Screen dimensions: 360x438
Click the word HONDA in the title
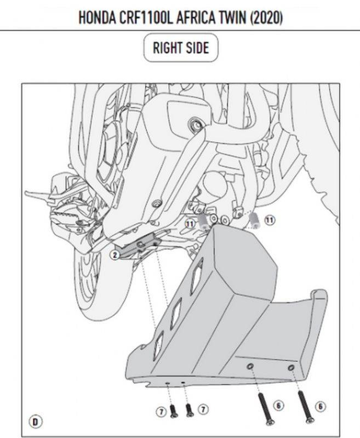(97, 18)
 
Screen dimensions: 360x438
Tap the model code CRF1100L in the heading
(146, 18)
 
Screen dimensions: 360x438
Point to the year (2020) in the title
(266, 18)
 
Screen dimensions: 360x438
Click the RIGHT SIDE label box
(181, 48)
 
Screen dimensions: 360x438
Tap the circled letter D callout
(35, 422)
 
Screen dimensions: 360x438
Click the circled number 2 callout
(115, 255)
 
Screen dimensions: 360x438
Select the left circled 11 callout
(190, 224)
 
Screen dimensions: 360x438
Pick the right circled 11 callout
(270, 221)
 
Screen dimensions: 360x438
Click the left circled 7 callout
(161, 412)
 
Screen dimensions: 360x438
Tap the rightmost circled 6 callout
(321, 406)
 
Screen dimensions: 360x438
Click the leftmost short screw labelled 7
(173, 412)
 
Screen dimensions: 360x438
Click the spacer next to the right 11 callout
(254, 221)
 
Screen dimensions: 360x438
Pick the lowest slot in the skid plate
(158, 345)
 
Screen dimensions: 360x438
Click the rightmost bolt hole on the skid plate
(291, 368)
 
